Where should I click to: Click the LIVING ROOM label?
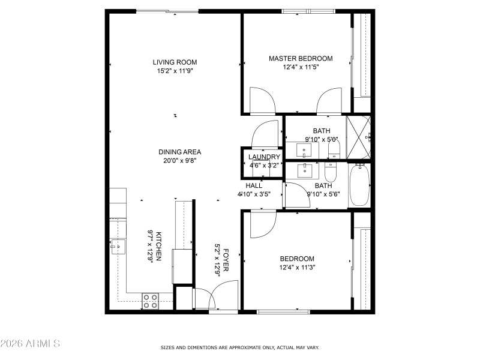174,62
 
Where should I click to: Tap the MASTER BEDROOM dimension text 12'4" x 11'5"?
300,68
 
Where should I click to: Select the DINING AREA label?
179,152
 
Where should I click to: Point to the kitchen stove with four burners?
151,301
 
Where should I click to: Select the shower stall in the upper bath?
359,137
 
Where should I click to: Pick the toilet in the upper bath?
334,148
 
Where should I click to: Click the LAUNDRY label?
265,157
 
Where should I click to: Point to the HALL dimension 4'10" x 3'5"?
254,194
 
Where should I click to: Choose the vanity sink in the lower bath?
307,171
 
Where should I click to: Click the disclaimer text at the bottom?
239,347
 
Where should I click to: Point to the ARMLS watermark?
30,344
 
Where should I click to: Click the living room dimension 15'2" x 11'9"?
174,70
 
